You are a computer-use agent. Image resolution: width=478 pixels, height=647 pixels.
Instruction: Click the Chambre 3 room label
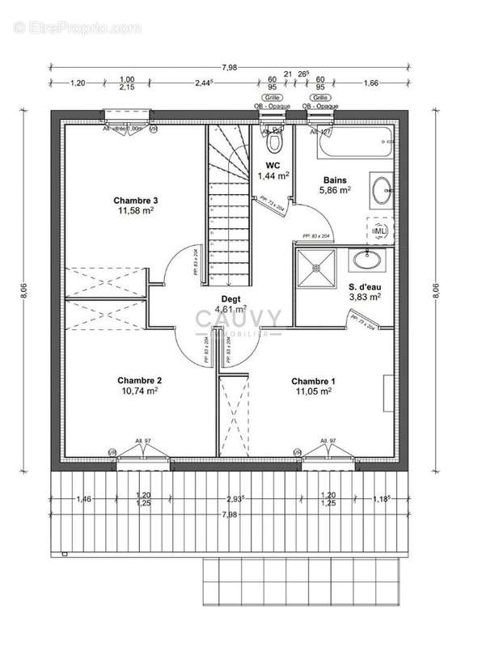click(x=135, y=201)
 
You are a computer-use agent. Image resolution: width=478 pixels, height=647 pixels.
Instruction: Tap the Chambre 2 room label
click(x=139, y=380)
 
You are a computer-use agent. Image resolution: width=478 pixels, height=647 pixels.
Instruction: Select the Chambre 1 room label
click(x=312, y=381)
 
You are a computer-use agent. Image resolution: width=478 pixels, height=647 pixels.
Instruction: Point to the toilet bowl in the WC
click(x=276, y=142)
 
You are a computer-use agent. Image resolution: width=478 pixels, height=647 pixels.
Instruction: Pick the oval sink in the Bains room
click(x=380, y=192)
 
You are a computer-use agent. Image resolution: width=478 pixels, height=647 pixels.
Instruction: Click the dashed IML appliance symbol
click(x=379, y=230)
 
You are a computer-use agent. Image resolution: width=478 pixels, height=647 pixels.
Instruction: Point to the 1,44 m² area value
click(x=273, y=175)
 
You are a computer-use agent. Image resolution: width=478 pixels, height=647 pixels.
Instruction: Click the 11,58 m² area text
click(x=135, y=211)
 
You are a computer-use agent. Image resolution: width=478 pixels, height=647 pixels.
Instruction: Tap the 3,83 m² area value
click(x=364, y=297)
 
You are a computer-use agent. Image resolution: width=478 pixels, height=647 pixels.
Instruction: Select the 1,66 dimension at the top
click(x=371, y=82)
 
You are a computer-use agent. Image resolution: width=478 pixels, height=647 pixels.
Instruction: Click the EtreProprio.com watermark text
click(x=78, y=27)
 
